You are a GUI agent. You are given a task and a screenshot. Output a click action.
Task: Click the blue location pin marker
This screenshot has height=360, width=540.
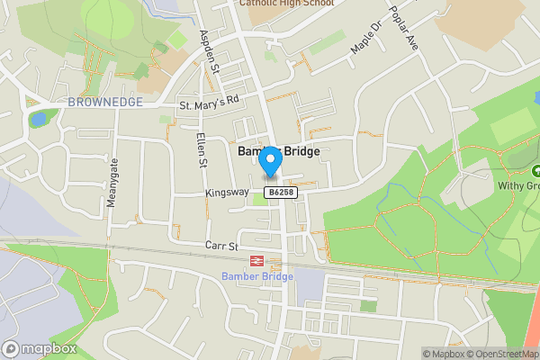271,161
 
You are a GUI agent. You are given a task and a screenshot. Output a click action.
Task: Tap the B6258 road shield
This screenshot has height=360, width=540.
281,193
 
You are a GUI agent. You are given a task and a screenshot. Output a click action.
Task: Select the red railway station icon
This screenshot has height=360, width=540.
256,260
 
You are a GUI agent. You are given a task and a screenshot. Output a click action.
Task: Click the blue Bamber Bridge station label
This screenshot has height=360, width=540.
256,275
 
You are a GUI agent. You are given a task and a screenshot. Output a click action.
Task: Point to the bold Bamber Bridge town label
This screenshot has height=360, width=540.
278,152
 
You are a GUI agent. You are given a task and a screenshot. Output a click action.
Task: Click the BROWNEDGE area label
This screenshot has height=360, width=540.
104,102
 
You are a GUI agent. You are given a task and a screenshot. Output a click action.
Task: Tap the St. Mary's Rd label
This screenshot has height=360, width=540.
210,104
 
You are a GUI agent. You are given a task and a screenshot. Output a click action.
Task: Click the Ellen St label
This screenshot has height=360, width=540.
202,150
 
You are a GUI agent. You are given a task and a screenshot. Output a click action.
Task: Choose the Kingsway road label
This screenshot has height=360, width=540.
225,193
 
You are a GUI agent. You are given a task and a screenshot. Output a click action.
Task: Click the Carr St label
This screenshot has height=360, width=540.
220,245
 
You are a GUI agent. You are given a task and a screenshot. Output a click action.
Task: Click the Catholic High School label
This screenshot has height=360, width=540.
285,4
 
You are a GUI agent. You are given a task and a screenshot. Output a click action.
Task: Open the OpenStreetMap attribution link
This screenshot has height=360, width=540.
499,354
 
